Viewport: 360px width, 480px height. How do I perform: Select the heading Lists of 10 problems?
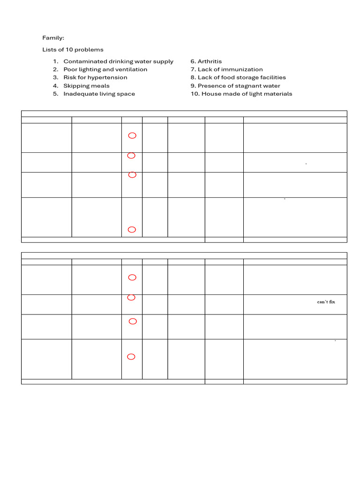click(73, 50)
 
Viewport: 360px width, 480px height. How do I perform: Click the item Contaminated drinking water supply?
click(118, 61)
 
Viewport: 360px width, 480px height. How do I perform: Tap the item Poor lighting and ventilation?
click(105, 69)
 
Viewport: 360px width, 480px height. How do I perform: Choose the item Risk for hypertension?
click(95, 77)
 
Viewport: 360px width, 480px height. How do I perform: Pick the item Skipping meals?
click(86, 86)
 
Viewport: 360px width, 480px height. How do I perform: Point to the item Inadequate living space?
click(99, 94)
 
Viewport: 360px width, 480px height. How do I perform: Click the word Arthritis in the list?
click(210, 61)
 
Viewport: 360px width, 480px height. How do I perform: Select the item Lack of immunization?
click(230, 69)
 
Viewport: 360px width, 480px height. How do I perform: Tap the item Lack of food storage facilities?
click(241, 77)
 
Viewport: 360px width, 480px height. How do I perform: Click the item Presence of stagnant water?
click(239, 86)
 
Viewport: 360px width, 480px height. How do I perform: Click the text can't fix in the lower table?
click(326, 302)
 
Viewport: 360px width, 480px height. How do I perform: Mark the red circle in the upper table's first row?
click(132, 135)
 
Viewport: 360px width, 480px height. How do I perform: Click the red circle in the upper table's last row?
click(132, 229)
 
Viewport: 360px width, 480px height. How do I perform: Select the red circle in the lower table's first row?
click(132, 277)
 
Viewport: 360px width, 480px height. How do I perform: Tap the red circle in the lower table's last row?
click(131, 357)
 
